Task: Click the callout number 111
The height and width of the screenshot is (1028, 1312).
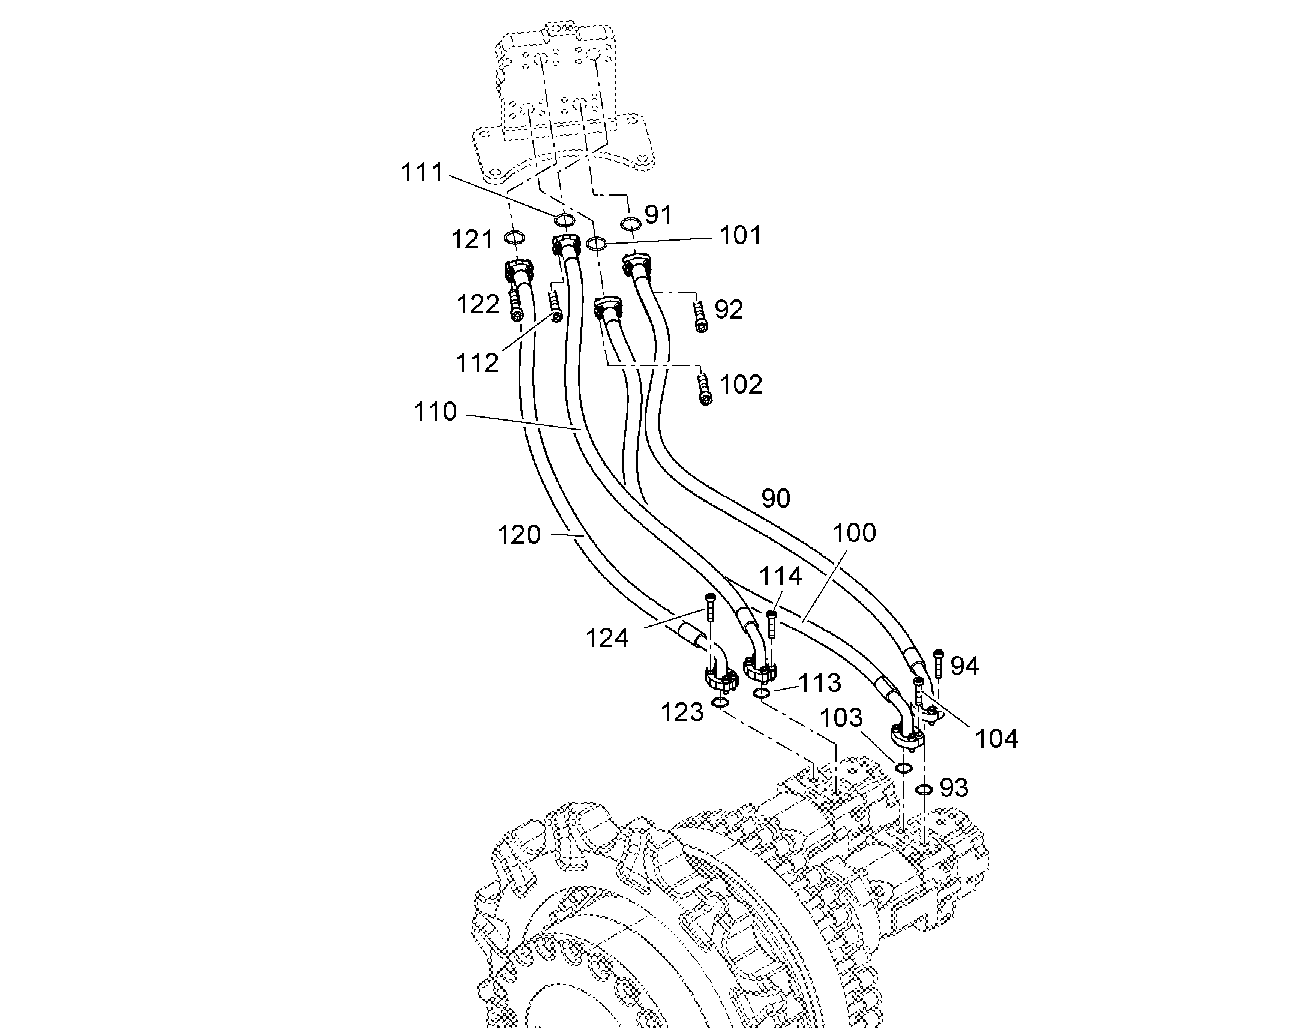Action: (422, 173)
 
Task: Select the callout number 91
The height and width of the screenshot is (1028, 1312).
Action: (658, 214)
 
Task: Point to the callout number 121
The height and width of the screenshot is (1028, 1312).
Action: (472, 240)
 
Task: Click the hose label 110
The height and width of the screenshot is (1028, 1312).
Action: (435, 412)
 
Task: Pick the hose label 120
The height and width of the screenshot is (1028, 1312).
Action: (519, 535)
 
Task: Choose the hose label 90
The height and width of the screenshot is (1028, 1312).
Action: (776, 498)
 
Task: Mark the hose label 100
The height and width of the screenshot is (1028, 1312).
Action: (855, 533)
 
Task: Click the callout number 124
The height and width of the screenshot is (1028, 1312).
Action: (607, 638)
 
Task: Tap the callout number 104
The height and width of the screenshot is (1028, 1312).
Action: (997, 739)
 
